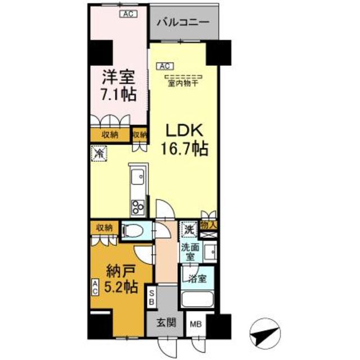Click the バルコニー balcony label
pyautogui.click(x=182, y=23)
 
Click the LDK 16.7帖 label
pyautogui.click(x=186, y=140)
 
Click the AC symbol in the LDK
pyautogui.click(x=164, y=66)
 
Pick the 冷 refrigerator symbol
pyautogui.click(x=98, y=152)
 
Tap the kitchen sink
pyautogui.click(x=137, y=179)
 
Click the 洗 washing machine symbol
pyautogui.click(x=187, y=229)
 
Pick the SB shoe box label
pyautogui.click(x=151, y=296)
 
